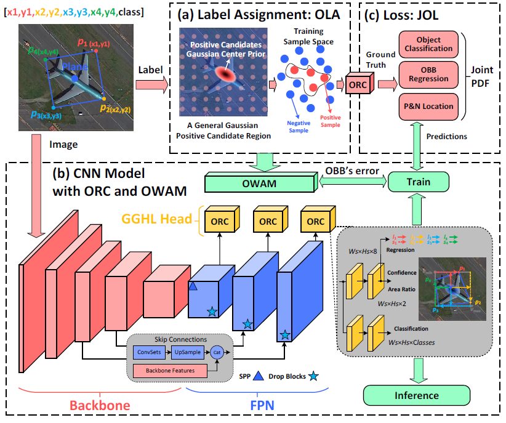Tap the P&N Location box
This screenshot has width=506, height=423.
[x=425, y=107]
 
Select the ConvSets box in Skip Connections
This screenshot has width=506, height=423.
[x=150, y=353]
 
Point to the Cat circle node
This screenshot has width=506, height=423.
[x=217, y=353]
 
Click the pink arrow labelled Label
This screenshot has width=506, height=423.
[x=151, y=84]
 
